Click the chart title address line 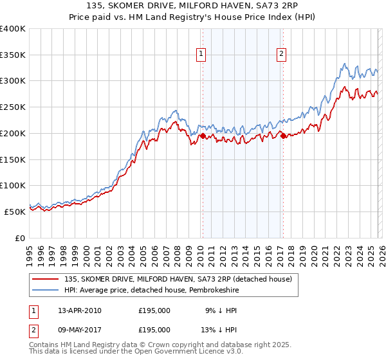pyautogui.click(x=192, y=6)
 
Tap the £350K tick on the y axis pyautogui.click(x=13, y=55)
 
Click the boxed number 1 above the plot pyautogui.click(x=202, y=55)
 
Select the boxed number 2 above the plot pyautogui.click(x=282, y=55)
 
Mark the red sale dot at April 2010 pyautogui.click(x=203, y=136)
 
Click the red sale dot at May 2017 pyautogui.click(x=282, y=136)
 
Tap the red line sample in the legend pyautogui.click(x=46, y=279)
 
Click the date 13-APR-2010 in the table pyautogui.click(x=80, y=310)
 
